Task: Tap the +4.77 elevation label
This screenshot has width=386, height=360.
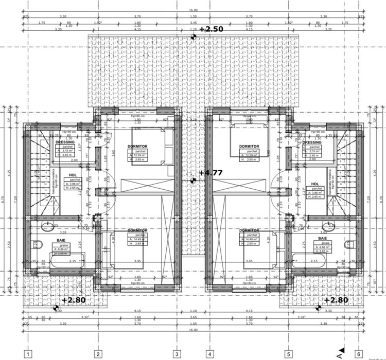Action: click(x=210, y=173)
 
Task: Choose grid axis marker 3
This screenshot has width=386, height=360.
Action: click(x=177, y=354)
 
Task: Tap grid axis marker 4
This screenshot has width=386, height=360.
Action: click(x=209, y=354)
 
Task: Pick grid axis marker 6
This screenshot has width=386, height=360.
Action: click(x=358, y=354)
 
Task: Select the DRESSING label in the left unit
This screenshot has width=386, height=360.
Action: click(x=65, y=142)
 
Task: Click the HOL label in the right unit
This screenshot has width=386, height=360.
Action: click(x=313, y=184)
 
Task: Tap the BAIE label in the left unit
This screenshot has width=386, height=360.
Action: click(x=61, y=239)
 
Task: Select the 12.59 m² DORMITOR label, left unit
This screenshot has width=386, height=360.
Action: click(x=137, y=147)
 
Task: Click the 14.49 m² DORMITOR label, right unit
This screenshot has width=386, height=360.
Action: click(x=249, y=230)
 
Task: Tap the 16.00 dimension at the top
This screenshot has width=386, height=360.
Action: click(x=193, y=10)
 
